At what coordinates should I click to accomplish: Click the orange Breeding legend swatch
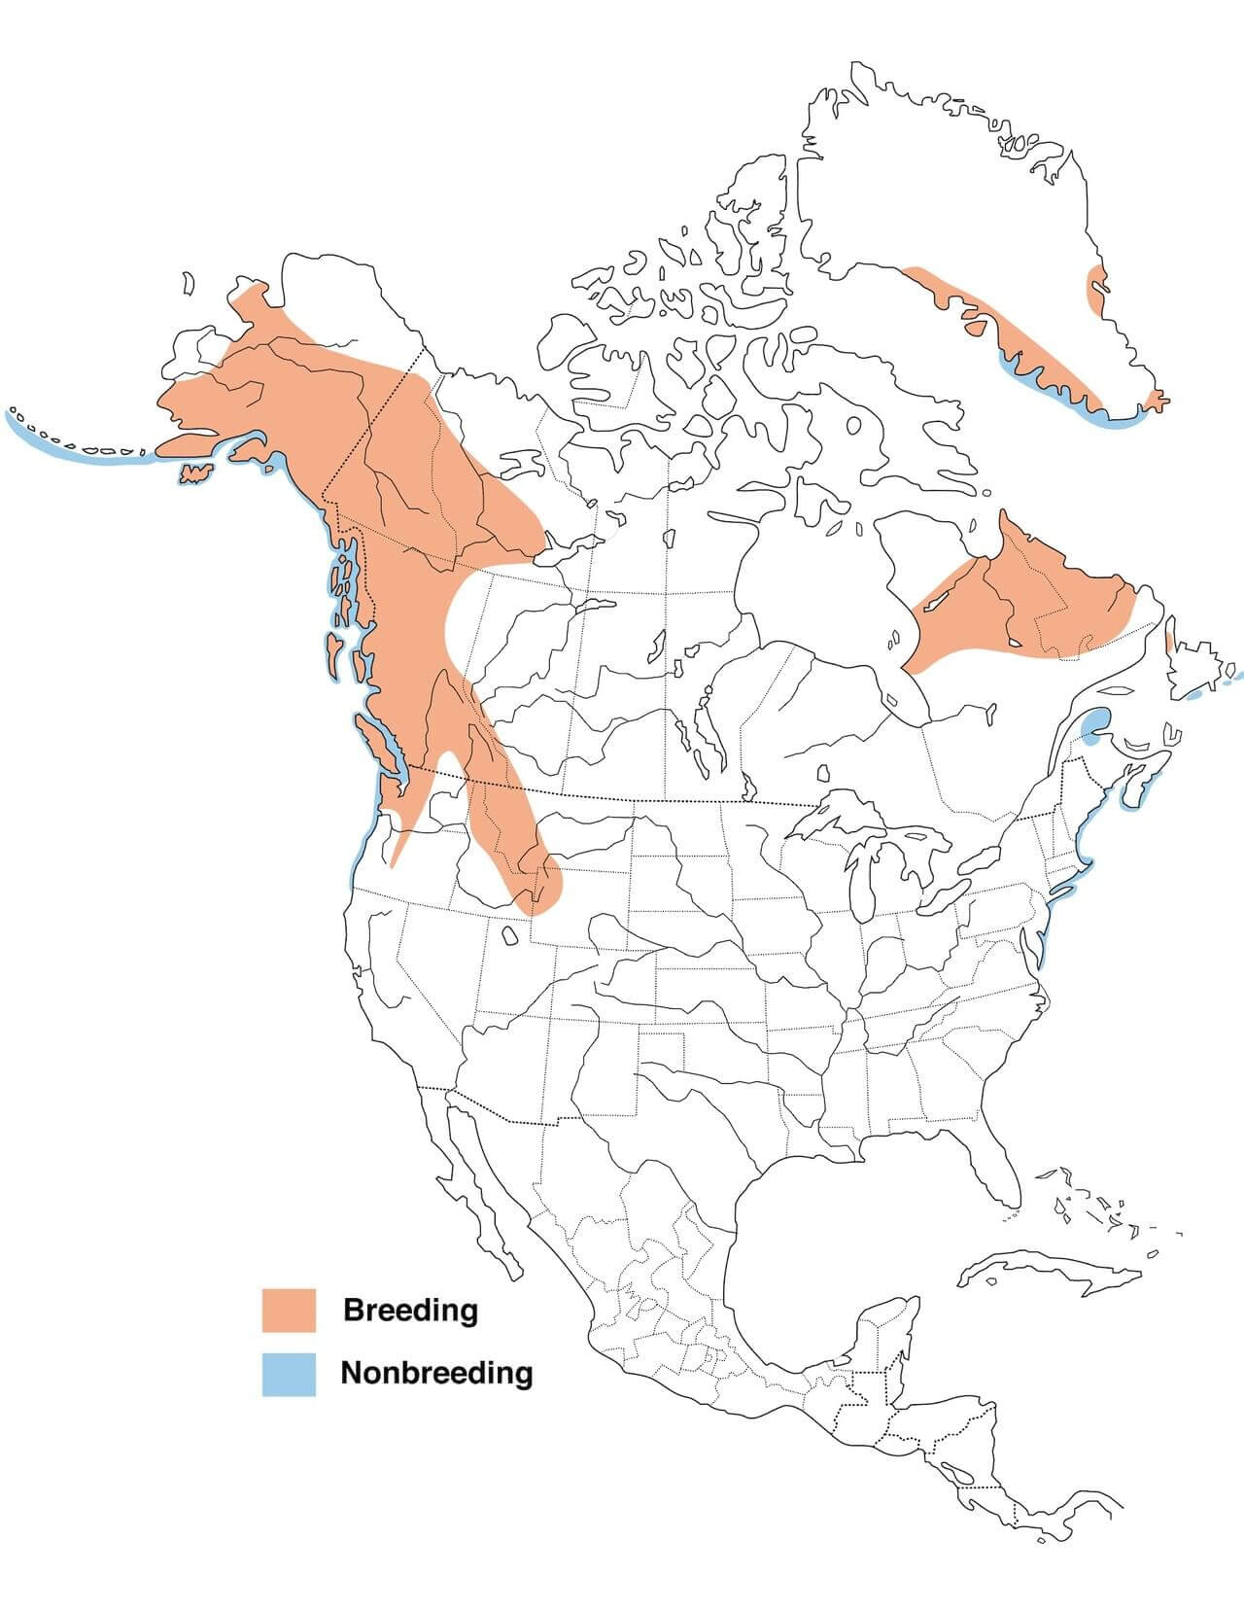coord(289,1310)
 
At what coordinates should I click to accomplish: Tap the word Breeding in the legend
coord(410,1310)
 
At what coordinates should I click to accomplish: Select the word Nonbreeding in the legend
coord(436,1373)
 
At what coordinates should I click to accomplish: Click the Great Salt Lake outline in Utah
coord(509,935)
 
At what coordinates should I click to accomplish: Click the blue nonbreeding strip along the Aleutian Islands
coord(78,449)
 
